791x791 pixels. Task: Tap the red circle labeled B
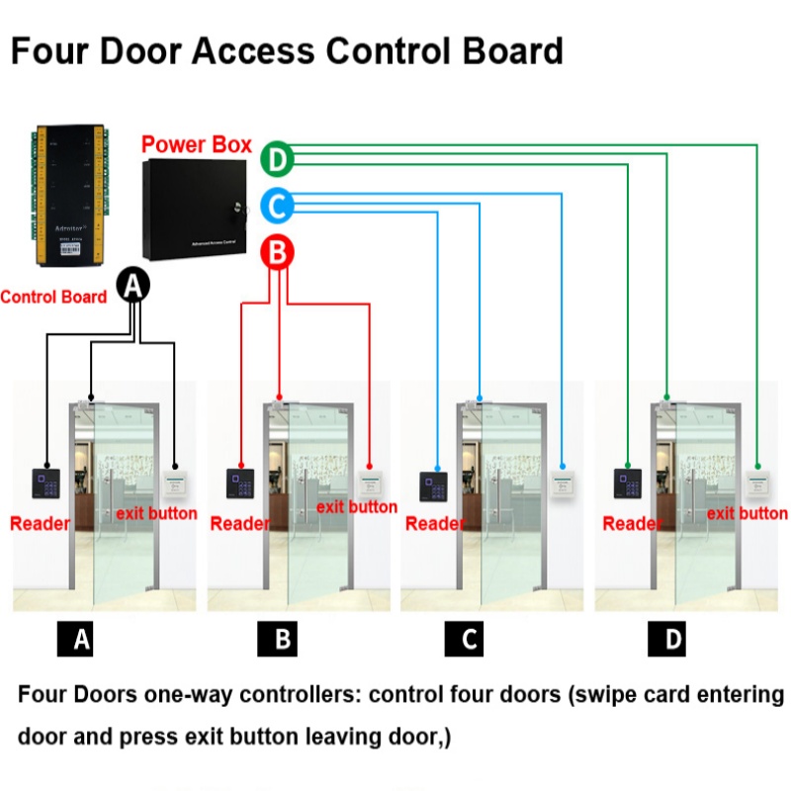click(x=278, y=253)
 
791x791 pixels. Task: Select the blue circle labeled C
click(x=278, y=206)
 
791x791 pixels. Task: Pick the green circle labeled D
click(x=278, y=158)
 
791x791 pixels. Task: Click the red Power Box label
click(x=197, y=144)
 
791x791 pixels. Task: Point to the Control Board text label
click(x=53, y=297)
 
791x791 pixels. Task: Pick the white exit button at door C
click(x=561, y=483)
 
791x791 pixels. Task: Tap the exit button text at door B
click(x=356, y=507)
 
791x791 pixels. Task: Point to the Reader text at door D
click(x=631, y=524)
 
